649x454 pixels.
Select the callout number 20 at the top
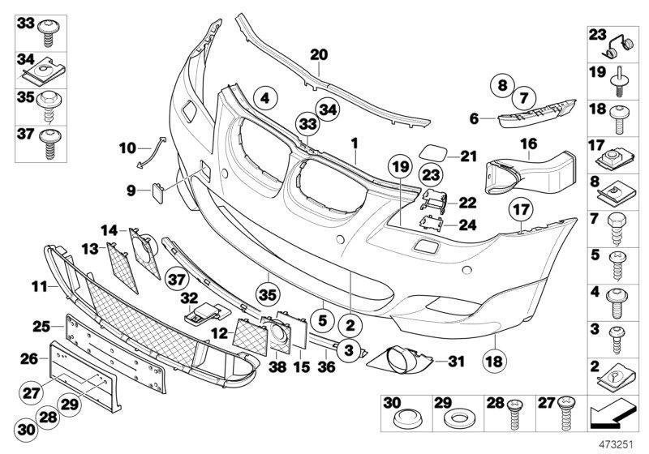pyautogui.click(x=319, y=55)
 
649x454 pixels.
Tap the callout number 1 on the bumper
pyautogui.click(x=354, y=143)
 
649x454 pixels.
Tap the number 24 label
pyautogui.click(x=466, y=225)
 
